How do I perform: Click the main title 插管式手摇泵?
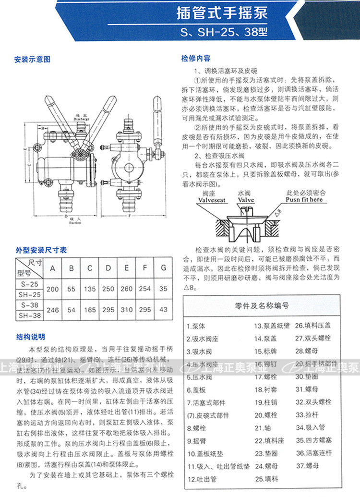click(x=222, y=13)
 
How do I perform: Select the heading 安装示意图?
click(x=32, y=60)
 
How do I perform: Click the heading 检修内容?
click(x=196, y=59)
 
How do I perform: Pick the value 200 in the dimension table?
click(x=53, y=289)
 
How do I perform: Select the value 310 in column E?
click(x=127, y=310)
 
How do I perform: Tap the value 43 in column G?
click(x=164, y=310)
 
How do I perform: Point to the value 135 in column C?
click(x=90, y=289)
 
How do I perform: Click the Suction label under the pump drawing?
click(x=75, y=223)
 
